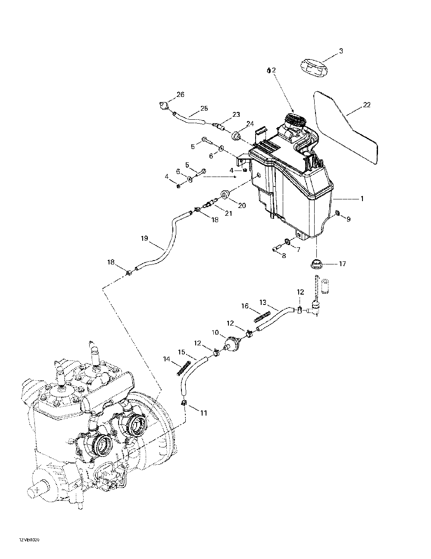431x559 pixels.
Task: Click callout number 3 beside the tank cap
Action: pyautogui.click(x=341, y=51)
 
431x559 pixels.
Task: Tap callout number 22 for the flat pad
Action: pyautogui.click(x=367, y=105)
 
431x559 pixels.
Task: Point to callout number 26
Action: pyautogui.click(x=180, y=94)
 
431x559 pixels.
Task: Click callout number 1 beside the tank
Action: pyautogui.click(x=362, y=199)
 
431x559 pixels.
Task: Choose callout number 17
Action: pyautogui.click(x=342, y=264)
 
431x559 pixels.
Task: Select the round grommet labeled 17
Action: pyautogui.click(x=316, y=264)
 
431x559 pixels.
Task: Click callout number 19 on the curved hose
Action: pyautogui.click(x=144, y=238)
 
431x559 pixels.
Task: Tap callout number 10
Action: pyautogui.click(x=215, y=332)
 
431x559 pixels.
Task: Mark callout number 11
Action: pyautogui.click(x=203, y=413)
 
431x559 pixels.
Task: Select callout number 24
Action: pyautogui.click(x=250, y=124)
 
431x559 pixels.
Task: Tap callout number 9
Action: pyautogui.click(x=348, y=219)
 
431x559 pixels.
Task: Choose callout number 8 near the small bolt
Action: pyautogui.click(x=284, y=256)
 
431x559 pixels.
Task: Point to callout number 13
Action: pyautogui.click(x=262, y=302)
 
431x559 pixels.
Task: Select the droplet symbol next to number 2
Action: pyautogui.click(x=269, y=70)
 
